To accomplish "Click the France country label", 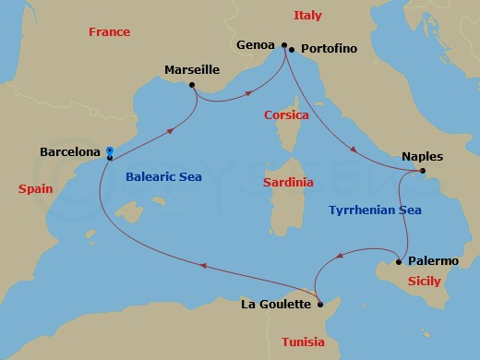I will point(109,32).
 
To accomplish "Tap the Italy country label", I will point(307,16).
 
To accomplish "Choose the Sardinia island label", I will point(287,183).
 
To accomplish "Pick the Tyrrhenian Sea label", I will point(375,210).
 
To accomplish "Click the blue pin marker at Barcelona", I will point(110,152).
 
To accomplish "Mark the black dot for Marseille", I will point(192,86).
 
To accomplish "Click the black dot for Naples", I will point(422,171).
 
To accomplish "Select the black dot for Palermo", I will point(399,262).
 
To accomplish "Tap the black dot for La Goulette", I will point(318,303).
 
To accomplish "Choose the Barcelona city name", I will point(71,150).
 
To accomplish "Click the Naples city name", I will point(422,156).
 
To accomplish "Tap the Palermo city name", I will point(433,262).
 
